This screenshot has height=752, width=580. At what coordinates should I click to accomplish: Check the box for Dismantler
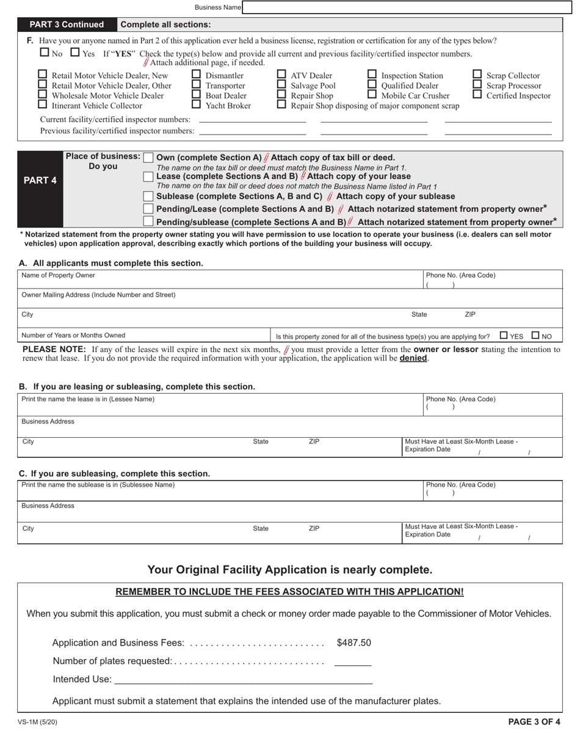(197, 75)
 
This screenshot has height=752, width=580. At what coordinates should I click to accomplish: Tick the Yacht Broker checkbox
(197, 105)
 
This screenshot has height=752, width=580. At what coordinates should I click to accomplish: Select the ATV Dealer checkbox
(281, 75)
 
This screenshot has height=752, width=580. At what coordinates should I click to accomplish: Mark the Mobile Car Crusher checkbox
(372, 95)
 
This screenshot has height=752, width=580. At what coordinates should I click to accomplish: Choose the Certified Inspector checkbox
(477, 95)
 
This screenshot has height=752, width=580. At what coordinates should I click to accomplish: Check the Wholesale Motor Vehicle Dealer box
(43, 95)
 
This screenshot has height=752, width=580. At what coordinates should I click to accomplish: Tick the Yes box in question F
(75, 53)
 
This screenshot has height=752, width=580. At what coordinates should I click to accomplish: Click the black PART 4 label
(40, 181)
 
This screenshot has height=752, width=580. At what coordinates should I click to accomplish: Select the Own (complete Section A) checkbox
(148, 158)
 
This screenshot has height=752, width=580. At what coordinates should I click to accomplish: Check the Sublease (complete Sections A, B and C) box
(148, 196)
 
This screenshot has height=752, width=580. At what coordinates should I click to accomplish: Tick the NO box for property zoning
(535, 335)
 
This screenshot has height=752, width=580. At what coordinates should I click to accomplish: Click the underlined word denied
(413, 358)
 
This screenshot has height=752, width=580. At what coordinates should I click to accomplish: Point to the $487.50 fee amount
(353, 643)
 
